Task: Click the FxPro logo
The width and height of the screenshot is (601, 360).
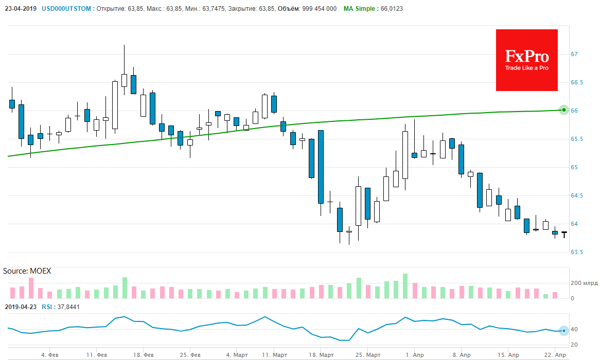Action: [x=526, y=60]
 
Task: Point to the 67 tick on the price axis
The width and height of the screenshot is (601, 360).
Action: [x=575, y=54]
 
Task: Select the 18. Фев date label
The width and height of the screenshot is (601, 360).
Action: [x=144, y=355]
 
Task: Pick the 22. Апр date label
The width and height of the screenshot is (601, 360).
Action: [x=555, y=355]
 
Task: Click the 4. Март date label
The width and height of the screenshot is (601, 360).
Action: [x=237, y=355]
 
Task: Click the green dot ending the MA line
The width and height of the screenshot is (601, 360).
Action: [x=564, y=110]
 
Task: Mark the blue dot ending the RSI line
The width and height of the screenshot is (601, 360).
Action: [x=564, y=331]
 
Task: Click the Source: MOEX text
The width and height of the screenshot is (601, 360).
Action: [x=27, y=271]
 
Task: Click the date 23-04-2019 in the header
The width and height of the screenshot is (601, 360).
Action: [x=20, y=9]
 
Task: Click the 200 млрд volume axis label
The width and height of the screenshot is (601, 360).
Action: [x=584, y=283]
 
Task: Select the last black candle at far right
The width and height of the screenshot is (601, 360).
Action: [x=564, y=234]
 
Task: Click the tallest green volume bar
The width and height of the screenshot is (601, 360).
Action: [x=405, y=286]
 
